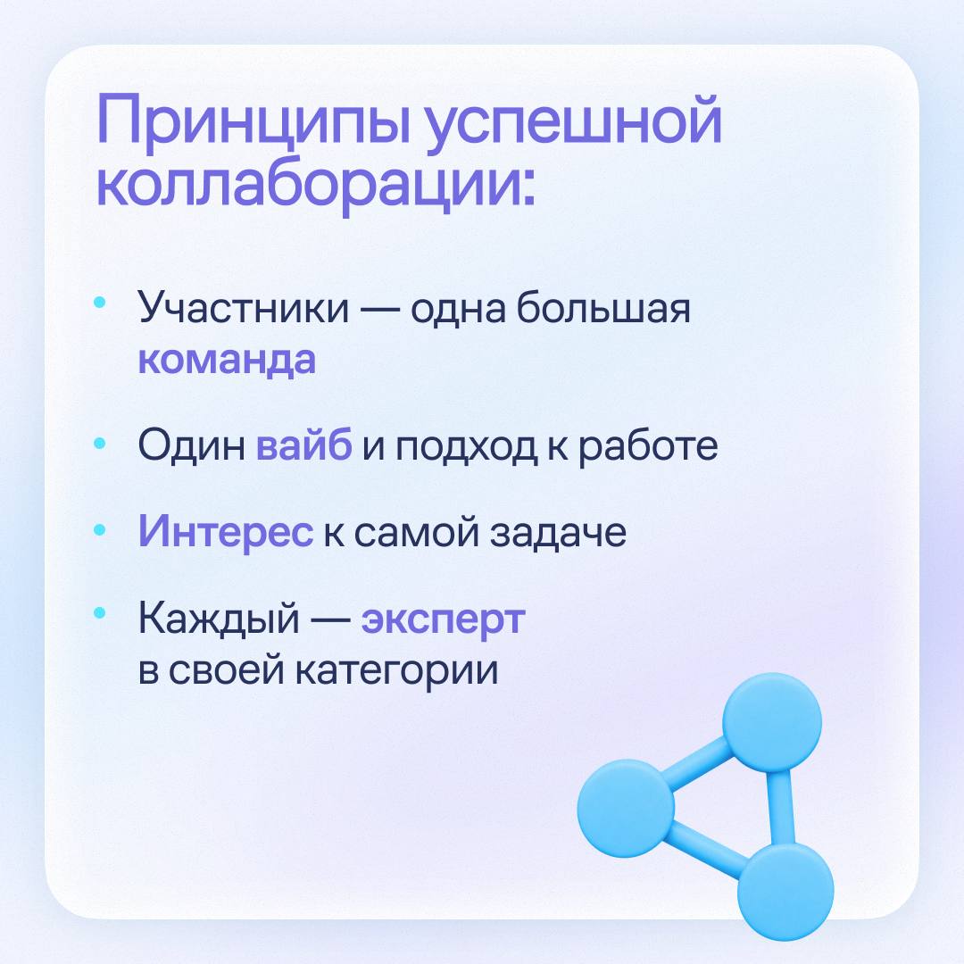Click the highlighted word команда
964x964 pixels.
pos(226,359)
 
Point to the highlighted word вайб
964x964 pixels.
pos(303,444)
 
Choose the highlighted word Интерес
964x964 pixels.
pos(226,530)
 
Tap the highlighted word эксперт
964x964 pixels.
pos(443,619)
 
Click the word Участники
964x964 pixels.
pos(243,307)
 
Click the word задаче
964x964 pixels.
pos(558,532)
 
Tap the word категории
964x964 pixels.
pos(396,670)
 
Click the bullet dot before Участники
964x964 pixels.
pos(100,303)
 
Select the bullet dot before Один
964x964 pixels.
pos(100,443)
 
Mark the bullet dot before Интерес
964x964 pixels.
pos(100,529)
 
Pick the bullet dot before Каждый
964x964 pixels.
pos(100,612)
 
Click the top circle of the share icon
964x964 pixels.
pos(771,722)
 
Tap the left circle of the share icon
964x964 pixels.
pos(626,809)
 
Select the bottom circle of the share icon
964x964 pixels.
pos(785,891)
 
